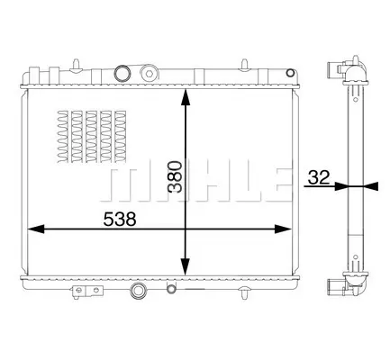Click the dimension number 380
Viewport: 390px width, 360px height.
coord(176,176)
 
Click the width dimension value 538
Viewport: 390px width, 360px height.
coord(120,220)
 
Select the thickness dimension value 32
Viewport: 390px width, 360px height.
coord(319,177)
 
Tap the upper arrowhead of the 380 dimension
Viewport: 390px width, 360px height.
coord(186,96)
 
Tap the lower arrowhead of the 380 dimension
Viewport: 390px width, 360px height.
coord(186,267)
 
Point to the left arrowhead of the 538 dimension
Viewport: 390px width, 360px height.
coord(36,229)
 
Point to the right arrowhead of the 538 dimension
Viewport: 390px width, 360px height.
coord(283,229)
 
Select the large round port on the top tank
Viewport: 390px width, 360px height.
coord(122,73)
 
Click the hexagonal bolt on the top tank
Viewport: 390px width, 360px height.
coord(150,73)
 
